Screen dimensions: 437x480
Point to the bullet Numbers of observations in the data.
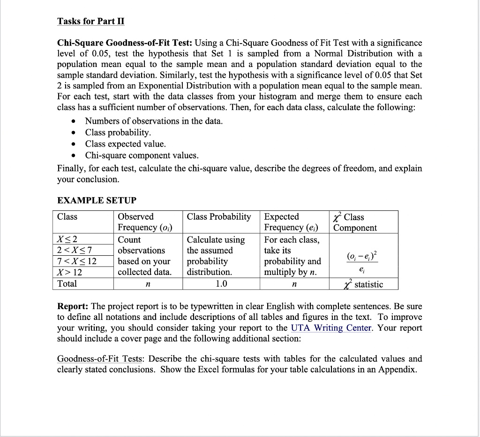pos(154,121)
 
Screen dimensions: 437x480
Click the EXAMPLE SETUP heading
pos(97,200)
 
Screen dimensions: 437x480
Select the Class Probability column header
pos(219,216)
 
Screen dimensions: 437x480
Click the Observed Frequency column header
pos(145,222)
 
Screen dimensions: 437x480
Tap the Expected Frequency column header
pos(291,222)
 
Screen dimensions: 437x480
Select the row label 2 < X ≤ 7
pos(77,251)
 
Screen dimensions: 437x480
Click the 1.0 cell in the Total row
pos(221,284)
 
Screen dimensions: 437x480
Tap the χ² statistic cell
pos(364,284)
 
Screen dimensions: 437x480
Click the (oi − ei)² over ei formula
pos(364,261)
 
